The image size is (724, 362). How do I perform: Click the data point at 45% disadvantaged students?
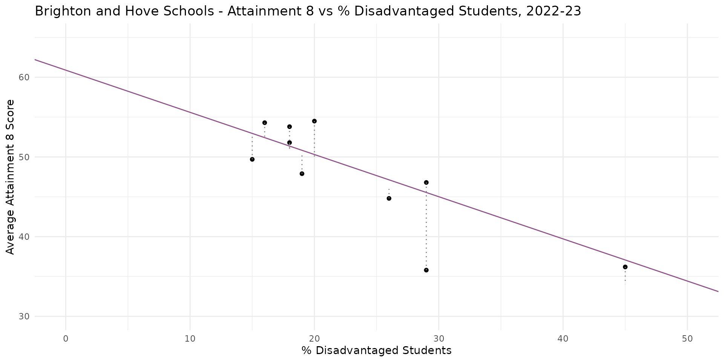[625, 267]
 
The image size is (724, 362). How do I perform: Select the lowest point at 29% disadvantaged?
[426, 270]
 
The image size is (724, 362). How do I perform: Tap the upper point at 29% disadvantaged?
[426, 183]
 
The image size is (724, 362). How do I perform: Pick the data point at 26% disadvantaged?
[389, 198]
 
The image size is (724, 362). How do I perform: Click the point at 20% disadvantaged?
[314, 121]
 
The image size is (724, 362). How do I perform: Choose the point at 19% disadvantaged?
[302, 174]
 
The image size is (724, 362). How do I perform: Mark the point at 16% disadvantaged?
[264, 123]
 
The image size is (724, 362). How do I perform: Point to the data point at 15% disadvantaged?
[252, 160]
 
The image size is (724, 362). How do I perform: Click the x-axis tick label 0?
[66, 339]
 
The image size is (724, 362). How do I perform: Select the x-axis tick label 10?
[190, 339]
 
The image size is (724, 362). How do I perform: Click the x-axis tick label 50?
[687, 339]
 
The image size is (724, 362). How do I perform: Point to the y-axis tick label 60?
[24, 77]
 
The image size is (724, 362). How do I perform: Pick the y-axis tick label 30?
[24, 316]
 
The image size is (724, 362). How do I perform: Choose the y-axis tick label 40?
[24, 237]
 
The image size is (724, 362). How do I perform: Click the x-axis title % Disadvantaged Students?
[376, 351]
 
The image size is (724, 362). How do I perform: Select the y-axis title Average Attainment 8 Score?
[11, 177]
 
